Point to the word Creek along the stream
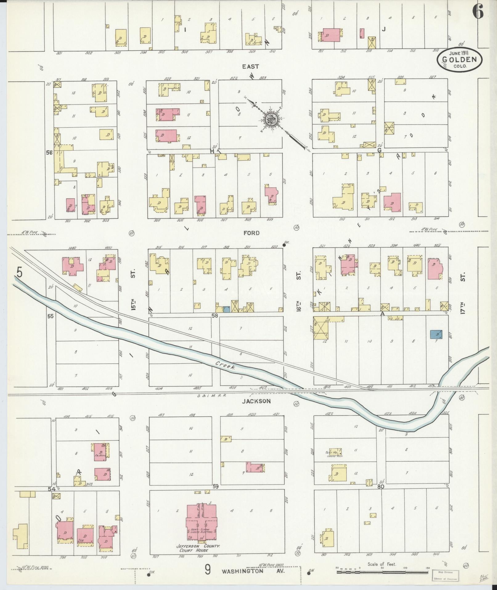tap(225, 365)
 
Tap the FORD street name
tap(251, 233)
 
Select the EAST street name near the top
tap(250, 66)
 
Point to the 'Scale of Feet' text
tap(381, 564)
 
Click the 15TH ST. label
tap(133, 290)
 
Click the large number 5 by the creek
tap(19, 273)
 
